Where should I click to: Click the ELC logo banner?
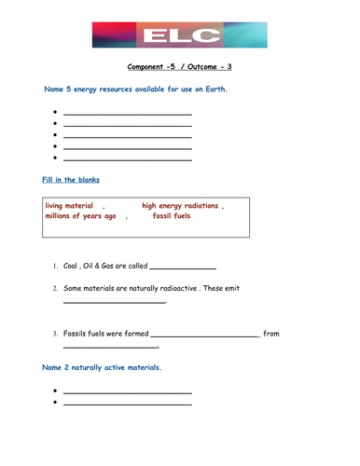pyautogui.click(x=179, y=35)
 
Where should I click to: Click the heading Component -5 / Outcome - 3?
pyautogui.click(x=180, y=67)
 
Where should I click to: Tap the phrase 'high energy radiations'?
pyautogui.click(x=180, y=205)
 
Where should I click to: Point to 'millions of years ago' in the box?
pyautogui.click(x=80, y=216)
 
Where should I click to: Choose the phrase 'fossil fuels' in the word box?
pyautogui.click(x=175, y=216)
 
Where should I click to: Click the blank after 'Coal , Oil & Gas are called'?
pyautogui.click(x=182, y=267)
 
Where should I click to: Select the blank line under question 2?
pyautogui.click(x=114, y=302)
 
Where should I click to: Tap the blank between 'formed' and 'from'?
pyautogui.click(x=204, y=336)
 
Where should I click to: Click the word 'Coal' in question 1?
pyautogui.click(x=73, y=266)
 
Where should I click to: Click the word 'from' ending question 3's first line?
pyautogui.click(x=271, y=334)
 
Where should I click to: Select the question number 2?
pyautogui.click(x=55, y=289)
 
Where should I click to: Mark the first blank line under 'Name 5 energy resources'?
pyautogui.click(x=127, y=114)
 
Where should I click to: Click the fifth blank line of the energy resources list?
pyautogui.click(x=127, y=158)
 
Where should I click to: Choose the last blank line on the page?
pyautogui.click(x=127, y=404)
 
